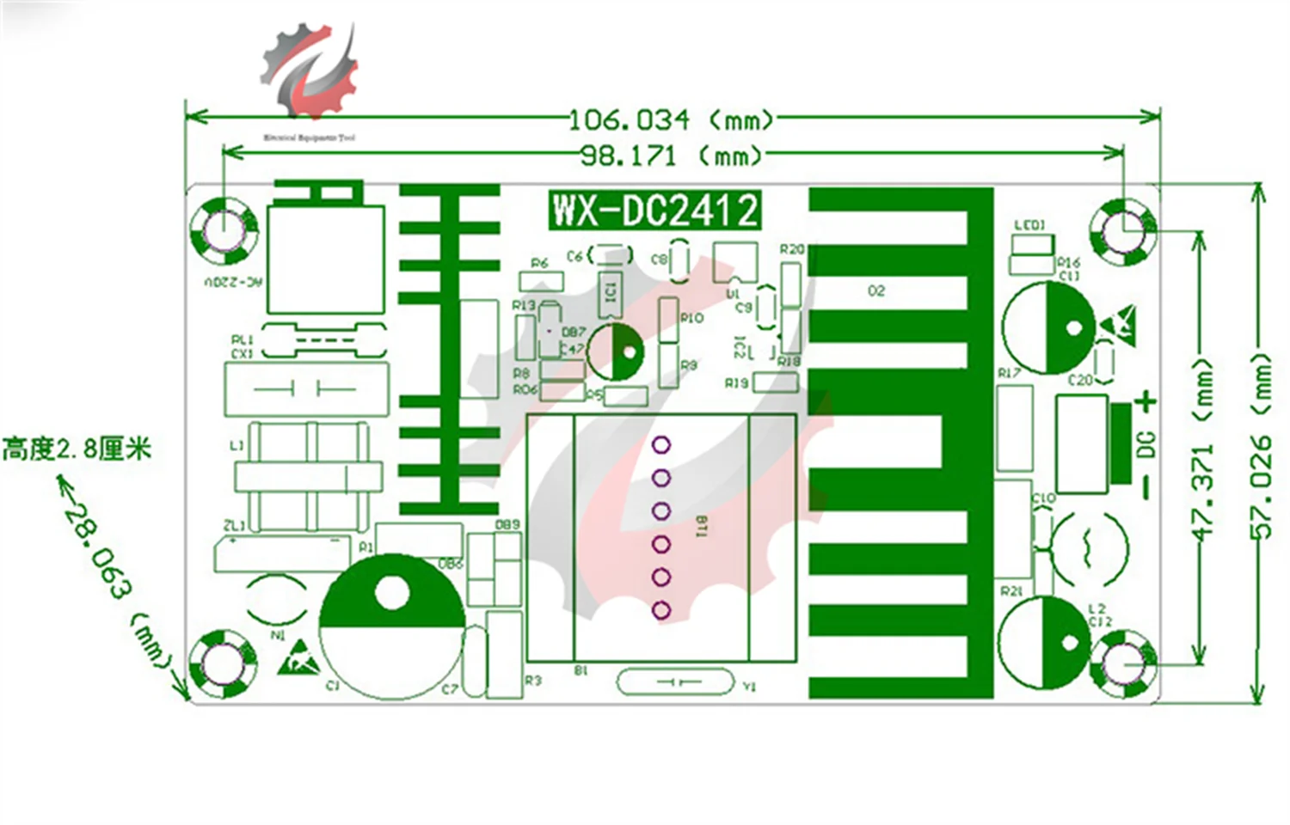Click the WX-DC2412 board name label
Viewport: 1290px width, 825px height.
(x=654, y=210)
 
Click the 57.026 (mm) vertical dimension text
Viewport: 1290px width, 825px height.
(x=1262, y=447)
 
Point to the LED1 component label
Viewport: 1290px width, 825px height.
(x=1029, y=225)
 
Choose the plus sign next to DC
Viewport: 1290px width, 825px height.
(x=1146, y=401)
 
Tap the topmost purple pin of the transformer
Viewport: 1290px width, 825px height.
(x=661, y=445)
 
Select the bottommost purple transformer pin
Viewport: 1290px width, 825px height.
(x=661, y=610)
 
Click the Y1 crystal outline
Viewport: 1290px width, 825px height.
(x=676, y=682)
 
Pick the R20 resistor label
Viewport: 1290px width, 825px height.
(x=791, y=249)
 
